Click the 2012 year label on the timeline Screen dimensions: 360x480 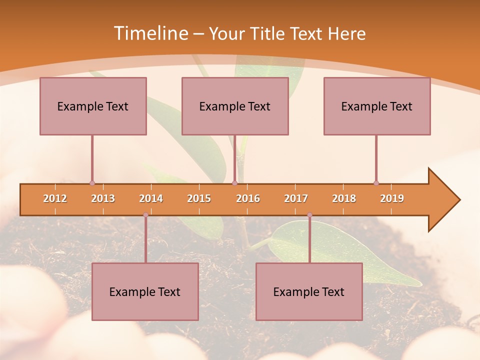[55, 198]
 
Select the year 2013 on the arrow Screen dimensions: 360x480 [103, 198]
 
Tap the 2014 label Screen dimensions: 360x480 [151, 198]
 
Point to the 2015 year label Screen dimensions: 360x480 [199, 198]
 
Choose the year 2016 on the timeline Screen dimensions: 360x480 [248, 198]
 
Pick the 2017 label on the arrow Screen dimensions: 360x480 [296, 198]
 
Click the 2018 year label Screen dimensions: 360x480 [344, 198]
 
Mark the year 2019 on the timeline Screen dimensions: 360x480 [392, 198]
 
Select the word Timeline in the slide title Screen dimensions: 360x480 [149, 33]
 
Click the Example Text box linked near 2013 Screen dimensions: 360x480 [93, 106]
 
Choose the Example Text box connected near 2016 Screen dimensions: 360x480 [235, 106]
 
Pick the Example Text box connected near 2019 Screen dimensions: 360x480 [377, 106]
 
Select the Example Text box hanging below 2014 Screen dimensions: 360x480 [145, 291]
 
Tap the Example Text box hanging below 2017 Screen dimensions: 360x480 [309, 291]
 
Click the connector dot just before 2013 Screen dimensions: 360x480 [92, 183]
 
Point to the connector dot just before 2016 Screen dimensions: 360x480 [234, 183]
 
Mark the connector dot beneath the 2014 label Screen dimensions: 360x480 [145, 215]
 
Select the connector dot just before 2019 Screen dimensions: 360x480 [376, 183]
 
